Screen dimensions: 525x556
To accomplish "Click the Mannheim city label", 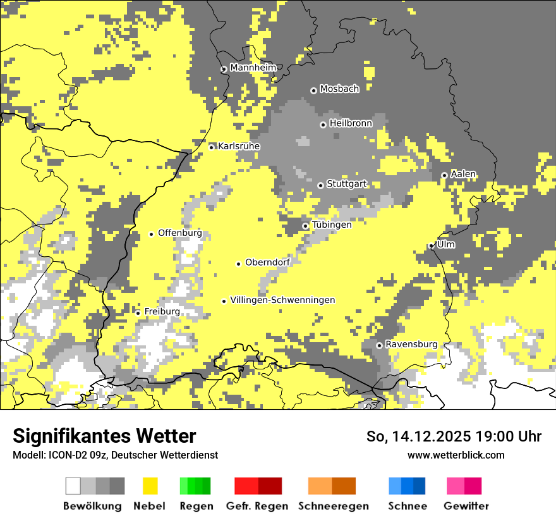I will coord(253,68).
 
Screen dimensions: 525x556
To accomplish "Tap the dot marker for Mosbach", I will coord(313,90).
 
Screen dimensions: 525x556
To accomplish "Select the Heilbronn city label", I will coord(351,123).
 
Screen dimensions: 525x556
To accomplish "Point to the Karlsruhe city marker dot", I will coord(212,147).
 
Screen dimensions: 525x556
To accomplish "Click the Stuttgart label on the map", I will coord(346,184).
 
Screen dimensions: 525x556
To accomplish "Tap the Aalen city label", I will coord(463,174).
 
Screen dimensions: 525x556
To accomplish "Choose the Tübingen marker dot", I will coord(305,226).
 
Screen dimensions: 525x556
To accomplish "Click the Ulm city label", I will coord(445,244).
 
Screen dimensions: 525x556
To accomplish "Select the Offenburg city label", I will coord(179,233).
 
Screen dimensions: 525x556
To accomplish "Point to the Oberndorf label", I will coord(267,262).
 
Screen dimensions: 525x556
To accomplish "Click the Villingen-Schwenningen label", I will coord(282,300).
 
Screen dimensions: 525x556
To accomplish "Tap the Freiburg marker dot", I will coord(138,313).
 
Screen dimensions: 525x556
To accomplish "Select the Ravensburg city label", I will coord(411,344).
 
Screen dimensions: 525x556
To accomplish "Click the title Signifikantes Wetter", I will coord(104,436).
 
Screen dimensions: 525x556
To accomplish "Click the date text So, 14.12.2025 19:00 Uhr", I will coord(454,436).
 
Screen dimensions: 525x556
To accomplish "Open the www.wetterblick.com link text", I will coord(456,455).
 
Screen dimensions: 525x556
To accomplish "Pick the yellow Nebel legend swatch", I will coord(150,486).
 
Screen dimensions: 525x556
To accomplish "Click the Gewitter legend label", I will coord(466,506).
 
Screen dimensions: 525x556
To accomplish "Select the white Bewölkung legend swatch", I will coord(73,486).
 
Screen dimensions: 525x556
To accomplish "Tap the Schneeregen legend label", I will coord(333,506).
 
